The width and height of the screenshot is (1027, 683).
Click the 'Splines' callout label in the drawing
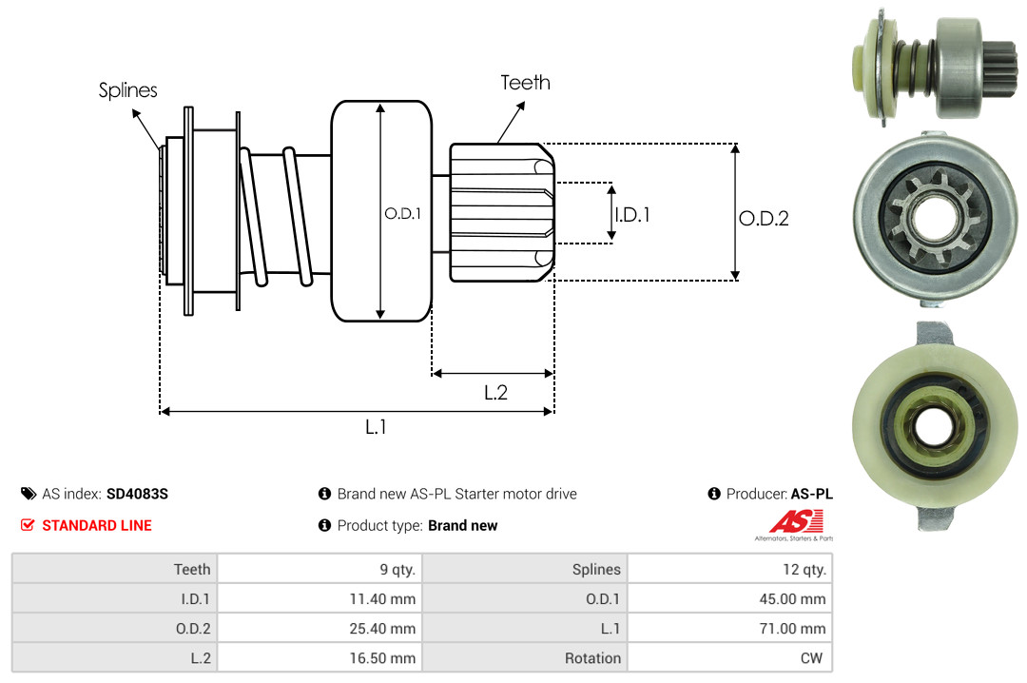pos(128,90)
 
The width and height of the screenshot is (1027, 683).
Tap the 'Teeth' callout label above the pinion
pos(525,83)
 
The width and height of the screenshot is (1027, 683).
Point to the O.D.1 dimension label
pos(402,214)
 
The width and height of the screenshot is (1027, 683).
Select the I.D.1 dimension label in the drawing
pos(631,215)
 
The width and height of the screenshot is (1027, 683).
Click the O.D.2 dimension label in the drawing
pos(764,219)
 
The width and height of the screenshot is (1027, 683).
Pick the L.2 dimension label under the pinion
pos(495,392)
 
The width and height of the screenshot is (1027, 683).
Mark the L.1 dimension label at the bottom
pos(377,427)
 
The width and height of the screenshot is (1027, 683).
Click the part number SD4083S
pos(137,494)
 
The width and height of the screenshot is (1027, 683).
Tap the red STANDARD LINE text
pos(96,525)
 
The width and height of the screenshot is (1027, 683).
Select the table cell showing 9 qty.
pos(398,570)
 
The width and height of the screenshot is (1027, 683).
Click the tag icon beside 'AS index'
pos(29,494)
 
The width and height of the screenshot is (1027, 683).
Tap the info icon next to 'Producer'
pos(714,494)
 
